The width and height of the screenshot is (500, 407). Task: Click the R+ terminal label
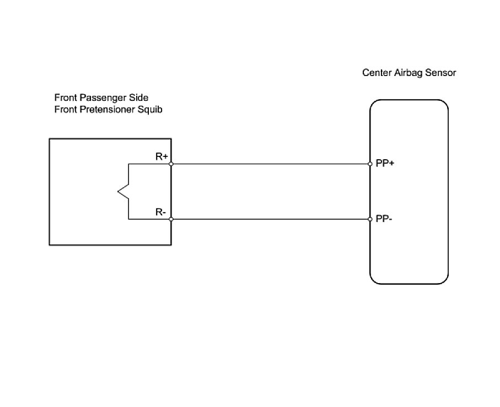[162, 156]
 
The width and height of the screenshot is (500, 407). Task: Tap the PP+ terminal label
[385, 164]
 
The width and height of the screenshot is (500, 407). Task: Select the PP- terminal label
[384, 219]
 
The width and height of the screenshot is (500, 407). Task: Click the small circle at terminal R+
[171, 164]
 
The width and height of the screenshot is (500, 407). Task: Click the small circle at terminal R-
[171, 219]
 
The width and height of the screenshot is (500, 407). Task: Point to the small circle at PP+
[370, 164]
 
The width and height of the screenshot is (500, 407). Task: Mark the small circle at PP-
[370, 219]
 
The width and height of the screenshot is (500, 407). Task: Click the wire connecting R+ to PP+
[270, 164]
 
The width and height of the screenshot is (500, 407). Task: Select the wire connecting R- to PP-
[270, 219]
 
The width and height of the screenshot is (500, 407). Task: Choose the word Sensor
[440, 73]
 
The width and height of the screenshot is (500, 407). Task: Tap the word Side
[138, 98]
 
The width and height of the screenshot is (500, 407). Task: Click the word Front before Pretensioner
[66, 109]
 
